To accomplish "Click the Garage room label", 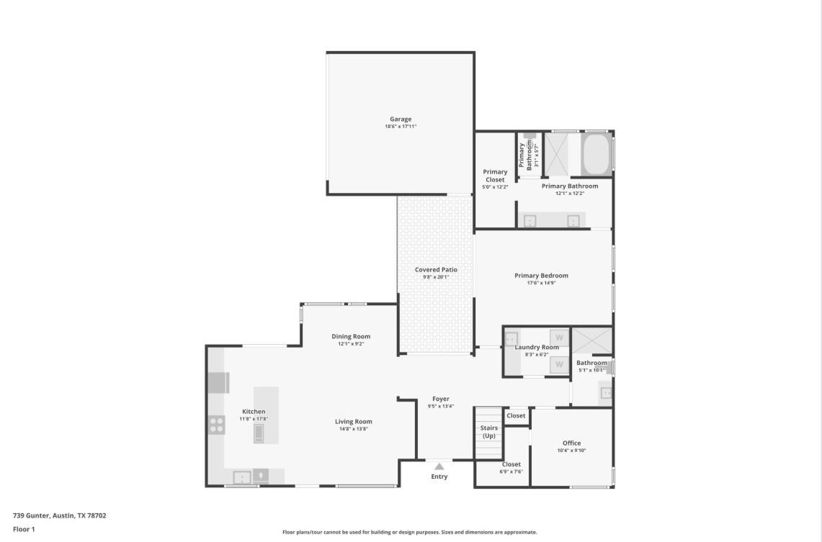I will click(401, 119).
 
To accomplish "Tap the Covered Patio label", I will click(436, 270).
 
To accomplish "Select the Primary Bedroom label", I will click(541, 276).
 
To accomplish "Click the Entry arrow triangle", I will click(439, 466).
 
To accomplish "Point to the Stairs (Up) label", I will click(488, 432).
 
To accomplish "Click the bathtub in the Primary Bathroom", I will click(596, 153).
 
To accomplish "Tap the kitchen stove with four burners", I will click(217, 425).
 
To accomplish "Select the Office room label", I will click(571, 443).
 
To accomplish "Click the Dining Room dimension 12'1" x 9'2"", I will click(351, 344).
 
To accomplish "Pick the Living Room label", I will click(353, 422).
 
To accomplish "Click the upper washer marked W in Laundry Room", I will click(559, 337).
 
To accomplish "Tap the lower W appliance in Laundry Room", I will click(559, 365).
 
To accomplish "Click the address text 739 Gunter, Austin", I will click(60, 515).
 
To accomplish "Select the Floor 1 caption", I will click(24, 529).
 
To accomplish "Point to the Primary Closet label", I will click(495, 176).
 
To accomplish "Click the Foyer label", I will click(440, 399).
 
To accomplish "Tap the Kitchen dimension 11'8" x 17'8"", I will click(253, 419).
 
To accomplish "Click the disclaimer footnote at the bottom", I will click(409, 532).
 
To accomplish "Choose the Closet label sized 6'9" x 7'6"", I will click(511, 465).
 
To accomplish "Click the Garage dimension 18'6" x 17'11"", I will click(401, 127).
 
